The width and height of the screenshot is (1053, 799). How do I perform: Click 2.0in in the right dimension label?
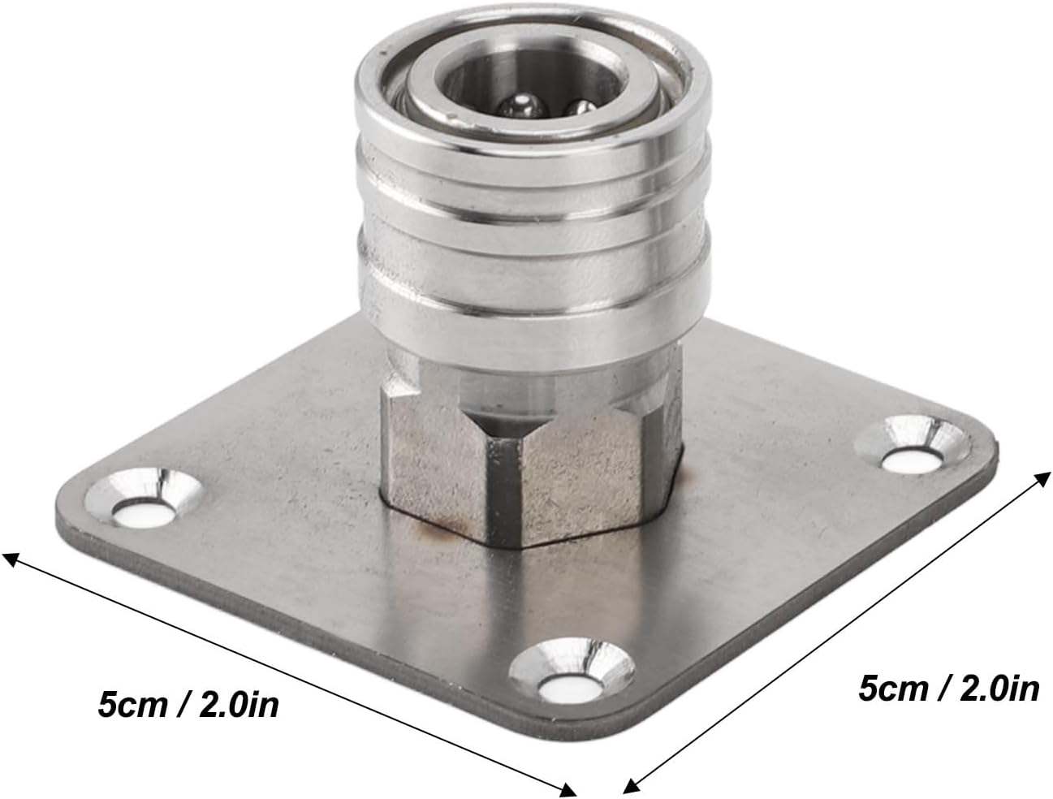point(998,689)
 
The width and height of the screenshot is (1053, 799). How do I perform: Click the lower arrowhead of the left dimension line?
point(569,788)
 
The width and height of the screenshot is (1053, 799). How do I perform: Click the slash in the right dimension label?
point(945,689)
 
